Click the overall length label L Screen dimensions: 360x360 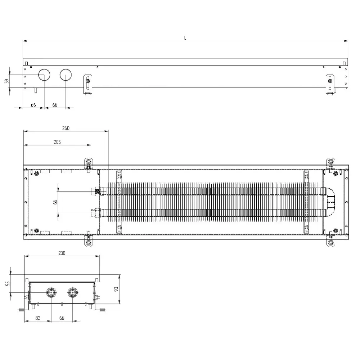pyautogui.click(x=185, y=38)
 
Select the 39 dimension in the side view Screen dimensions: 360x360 pyautogui.click(x=7, y=81)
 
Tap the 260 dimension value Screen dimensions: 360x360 pyautogui.click(x=66, y=128)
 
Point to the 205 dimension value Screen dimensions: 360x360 pyautogui.click(x=57, y=142)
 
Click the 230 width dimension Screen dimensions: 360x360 pyautogui.click(x=62, y=253)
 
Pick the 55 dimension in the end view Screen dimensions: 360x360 pyautogui.click(x=8, y=283)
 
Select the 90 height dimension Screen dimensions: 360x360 pyautogui.click(x=116, y=289)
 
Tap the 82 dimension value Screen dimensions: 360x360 pyautogui.click(x=38, y=318)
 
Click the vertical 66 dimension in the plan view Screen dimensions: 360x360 pyautogui.click(x=55, y=202)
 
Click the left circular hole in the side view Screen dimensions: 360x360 pyautogui.click(x=44, y=75)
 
